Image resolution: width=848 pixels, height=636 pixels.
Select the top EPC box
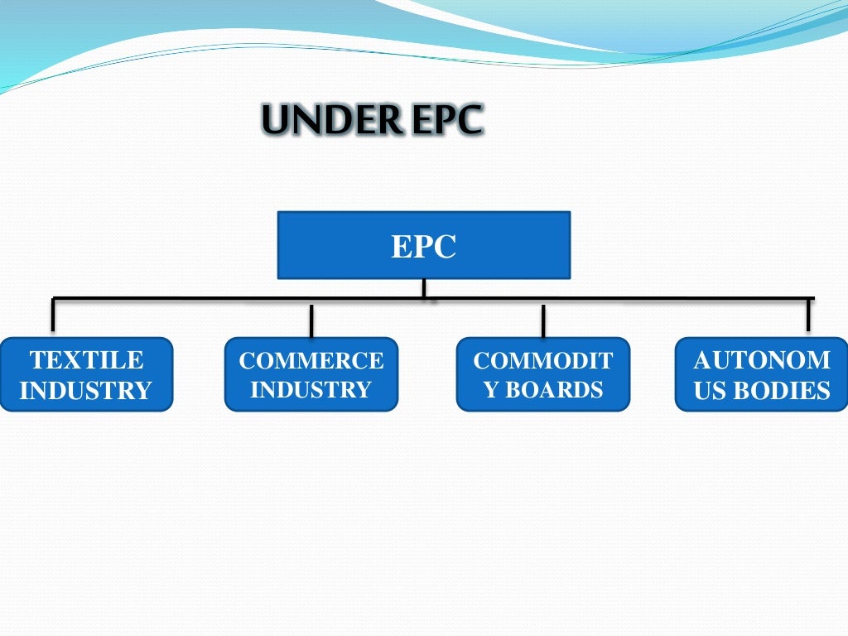coord(423,244)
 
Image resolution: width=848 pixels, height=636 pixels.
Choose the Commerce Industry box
coord(311,374)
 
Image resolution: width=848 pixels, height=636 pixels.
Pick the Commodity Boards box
coord(542,374)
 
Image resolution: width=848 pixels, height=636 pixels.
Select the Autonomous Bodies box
coord(762,374)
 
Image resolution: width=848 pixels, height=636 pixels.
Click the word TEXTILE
coord(86,360)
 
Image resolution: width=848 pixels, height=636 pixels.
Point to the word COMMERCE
coord(311,360)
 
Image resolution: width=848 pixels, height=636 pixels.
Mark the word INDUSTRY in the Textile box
coord(86,390)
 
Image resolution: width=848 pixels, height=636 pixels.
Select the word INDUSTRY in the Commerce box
coord(311,389)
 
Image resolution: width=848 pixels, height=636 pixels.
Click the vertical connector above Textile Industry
coord(53,316)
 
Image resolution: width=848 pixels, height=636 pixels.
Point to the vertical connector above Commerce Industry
coord(311,320)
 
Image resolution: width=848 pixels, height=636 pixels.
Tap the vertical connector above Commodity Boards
coord(543,320)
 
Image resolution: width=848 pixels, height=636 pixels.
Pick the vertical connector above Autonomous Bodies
coord(808,316)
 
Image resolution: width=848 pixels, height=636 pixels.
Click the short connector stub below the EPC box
coord(423,288)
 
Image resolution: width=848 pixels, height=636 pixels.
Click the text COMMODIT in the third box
coord(543,360)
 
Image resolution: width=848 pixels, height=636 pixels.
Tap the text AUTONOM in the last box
coord(762,360)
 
